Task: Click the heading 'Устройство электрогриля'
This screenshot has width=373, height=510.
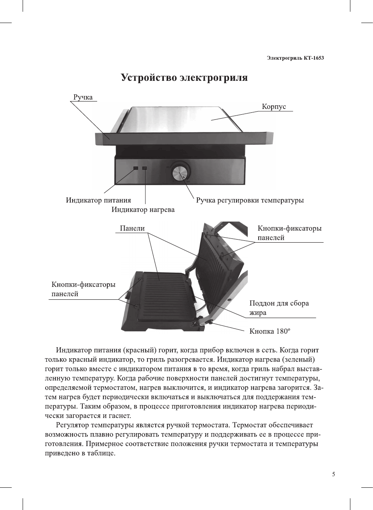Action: tap(184, 78)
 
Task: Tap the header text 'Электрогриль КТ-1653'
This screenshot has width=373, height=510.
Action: tap(295, 58)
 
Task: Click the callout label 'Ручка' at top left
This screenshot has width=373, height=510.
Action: tap(83, 97)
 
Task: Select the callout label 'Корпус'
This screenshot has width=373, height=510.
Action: tap(274, 107)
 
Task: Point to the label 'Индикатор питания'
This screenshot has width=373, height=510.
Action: tap(98, 200)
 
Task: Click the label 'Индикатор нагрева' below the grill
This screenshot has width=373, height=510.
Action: tap(143, 210)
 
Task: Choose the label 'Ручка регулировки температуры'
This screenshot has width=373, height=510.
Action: tap(250, 200)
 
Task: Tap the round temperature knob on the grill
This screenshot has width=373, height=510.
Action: tap(180, 172)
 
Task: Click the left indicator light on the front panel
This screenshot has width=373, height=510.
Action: tap(135, 168)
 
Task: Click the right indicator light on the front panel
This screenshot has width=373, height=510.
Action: tap(145, 168)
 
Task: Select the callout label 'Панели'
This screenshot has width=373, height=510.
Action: tap(132, 228)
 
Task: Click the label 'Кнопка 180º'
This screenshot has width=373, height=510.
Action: tap(270, 331)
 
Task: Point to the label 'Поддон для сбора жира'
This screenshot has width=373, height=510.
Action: tap(279, 308)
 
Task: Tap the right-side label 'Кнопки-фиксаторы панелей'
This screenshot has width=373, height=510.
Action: tap(289, 233)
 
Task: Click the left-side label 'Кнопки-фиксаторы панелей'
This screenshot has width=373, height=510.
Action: tap(83, 289)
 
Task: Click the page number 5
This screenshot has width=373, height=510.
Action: tap(333, 474)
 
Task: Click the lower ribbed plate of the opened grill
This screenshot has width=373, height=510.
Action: tap(164, 297)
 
